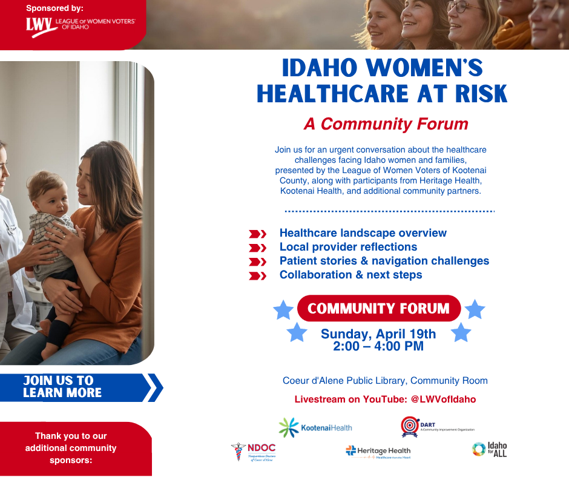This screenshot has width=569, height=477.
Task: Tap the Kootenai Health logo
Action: pyautogui.click(x=315, y=427)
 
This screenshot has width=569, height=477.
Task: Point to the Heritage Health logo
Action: pyautogui.click(x=378, y=452)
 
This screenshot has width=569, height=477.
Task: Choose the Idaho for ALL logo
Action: pyautogui.click(x=489, y=449)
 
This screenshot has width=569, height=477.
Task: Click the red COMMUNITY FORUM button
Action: pyautogui.click(x=378, y=309)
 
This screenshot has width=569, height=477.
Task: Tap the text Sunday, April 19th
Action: pyautogui.click(x=378, y=334)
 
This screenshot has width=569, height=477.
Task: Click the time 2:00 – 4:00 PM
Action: pyautogui.click(x=378, y=346)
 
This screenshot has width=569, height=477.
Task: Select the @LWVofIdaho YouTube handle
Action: pyautogui.click(x=443, y=400)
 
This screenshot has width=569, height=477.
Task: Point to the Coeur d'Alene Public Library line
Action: pyautogui.click(x=385, y=381)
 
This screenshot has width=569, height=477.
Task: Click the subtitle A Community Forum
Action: pyautogui.click(x=386, y=124)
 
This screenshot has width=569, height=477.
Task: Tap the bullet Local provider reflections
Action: pyautogui.click(x=348, y=247)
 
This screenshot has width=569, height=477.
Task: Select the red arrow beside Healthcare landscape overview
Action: pyautogui.click(x=258, y=234)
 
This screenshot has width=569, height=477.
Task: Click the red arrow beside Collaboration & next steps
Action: pyautogui.click(x=258, y=276)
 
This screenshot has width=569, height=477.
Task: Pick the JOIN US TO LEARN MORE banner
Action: pyautogui.click(x=73, y=387)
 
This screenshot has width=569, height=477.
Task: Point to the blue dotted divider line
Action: pyautogui.click(x=389, y=211)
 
